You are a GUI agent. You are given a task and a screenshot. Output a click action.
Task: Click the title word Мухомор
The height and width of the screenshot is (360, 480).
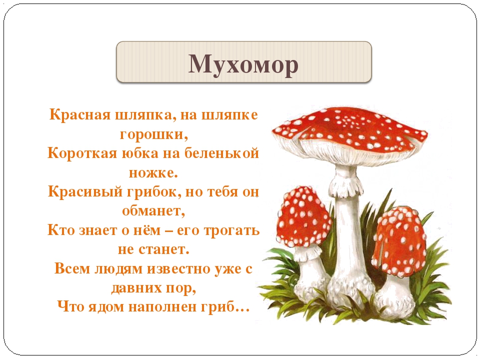tap(243, 64)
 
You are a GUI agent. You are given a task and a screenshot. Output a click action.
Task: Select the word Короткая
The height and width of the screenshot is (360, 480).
tap(82, 153)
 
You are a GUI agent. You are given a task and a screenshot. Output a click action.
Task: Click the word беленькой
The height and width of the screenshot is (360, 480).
tap(221, 153)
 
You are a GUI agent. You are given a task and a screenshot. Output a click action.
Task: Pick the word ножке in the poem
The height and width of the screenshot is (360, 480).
tap(151, 173)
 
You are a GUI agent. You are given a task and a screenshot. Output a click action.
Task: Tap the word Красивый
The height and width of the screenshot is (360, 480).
tap(85, 192)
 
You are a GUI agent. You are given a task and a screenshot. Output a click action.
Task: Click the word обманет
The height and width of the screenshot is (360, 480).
tap(152, 211)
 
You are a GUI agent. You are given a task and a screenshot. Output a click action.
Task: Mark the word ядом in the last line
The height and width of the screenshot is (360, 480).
tap(106, 307)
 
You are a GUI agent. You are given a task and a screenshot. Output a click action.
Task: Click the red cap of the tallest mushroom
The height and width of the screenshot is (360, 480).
tap(349, 130)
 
